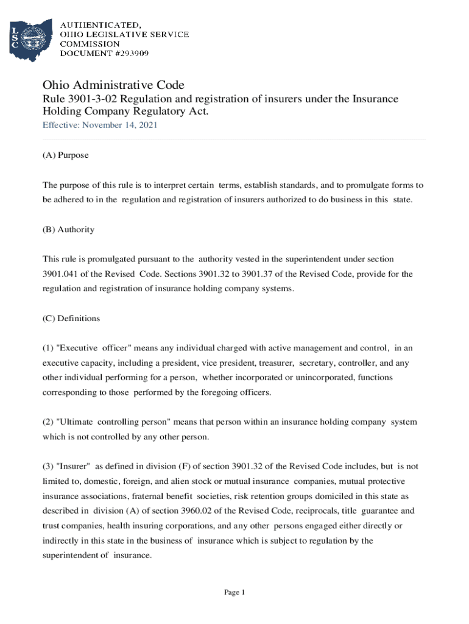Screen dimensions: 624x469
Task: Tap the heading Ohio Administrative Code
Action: (113, 85)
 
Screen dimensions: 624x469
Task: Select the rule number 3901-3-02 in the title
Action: (96, 99)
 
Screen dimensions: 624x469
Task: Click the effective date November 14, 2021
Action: (119, 125)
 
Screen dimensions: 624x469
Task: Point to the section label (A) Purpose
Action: (65, 155)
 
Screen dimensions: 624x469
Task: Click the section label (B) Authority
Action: (68, 230)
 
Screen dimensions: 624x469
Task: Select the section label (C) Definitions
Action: (71, 319)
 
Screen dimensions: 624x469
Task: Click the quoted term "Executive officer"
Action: (86, 349)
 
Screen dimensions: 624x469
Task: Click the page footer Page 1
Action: (234, 592)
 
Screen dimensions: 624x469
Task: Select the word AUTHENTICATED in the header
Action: (100, 25)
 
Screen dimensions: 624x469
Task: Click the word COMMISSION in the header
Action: (90, 44)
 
